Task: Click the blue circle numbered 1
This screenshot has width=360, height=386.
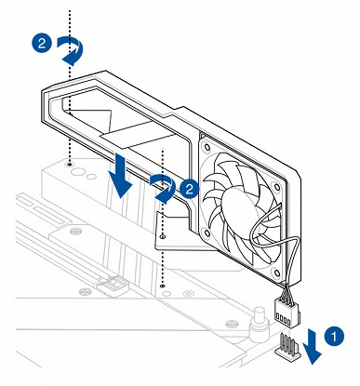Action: click(334, 336)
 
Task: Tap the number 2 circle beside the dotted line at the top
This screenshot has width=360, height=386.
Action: click(42, 43)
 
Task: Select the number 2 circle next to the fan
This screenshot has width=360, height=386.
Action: click(190, 188)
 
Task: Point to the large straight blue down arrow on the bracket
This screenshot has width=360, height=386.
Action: click(120, 175)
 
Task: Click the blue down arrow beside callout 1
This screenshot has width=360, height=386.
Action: click(313, 347)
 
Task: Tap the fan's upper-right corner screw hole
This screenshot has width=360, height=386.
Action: click(276, 187)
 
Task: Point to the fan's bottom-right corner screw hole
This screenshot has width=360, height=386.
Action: click(276, 273)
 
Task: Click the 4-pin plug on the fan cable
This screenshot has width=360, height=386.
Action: click(287, 313)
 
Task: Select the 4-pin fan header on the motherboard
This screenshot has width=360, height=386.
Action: click(287, 348)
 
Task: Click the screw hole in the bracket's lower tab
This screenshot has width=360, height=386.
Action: click(163, 237)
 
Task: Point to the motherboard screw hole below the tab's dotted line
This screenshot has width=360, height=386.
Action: click(162, 286)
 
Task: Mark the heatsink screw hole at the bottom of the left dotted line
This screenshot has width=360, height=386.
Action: click(70, 163)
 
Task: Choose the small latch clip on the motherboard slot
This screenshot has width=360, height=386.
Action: click(113, 285)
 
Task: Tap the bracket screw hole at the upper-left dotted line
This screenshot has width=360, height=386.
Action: click(71, 114)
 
